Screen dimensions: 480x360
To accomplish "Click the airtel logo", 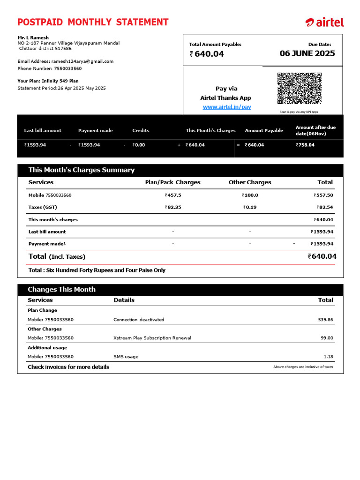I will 324,22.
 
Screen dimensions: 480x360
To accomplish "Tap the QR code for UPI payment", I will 299,88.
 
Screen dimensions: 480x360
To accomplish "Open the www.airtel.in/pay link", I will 227,107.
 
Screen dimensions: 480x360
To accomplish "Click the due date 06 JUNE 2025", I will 307,53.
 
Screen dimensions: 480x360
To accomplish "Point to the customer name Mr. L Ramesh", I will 33,37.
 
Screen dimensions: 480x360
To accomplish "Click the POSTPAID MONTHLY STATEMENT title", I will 93,22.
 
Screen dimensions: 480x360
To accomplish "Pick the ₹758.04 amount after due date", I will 305,145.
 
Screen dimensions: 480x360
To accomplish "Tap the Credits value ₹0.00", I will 139,145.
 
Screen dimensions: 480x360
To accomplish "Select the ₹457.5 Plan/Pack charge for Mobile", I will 173,195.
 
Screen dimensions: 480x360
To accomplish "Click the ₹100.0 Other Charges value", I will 250,195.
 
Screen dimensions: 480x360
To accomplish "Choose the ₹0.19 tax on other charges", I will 250,207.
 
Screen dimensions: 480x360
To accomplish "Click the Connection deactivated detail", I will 139,320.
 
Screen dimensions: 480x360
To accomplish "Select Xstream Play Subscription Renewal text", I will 152,338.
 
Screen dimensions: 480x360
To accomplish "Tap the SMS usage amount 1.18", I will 328,357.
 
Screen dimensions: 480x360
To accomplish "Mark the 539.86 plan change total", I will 325,320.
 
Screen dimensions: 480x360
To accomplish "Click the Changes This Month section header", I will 61,290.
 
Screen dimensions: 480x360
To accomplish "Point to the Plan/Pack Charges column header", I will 172,182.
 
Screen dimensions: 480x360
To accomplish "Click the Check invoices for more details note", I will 68,367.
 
